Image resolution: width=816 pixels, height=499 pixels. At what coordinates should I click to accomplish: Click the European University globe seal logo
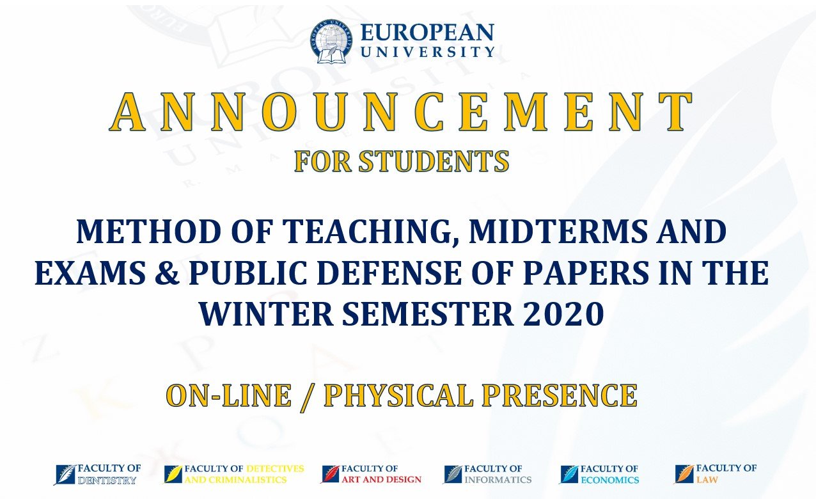click(x=332, y=41)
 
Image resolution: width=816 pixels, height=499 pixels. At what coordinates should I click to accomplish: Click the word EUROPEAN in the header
click(x=427, y=33)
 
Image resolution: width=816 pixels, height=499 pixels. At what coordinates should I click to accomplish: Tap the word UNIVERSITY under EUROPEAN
click(x=428, y=51)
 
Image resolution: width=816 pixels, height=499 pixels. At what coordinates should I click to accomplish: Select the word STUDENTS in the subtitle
click(x=434, y=161)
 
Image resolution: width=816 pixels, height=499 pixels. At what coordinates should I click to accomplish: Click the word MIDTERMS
click(x=558, y=232)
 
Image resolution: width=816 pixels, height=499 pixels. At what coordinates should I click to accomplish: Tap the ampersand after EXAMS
click(x=167, y=273)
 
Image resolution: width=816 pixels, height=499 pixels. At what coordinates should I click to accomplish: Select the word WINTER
click(x=266, y=313)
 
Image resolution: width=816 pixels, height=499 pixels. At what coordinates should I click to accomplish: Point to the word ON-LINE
click(x=229, y=395)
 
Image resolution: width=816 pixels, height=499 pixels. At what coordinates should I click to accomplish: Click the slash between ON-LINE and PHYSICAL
click(x=308, y=397)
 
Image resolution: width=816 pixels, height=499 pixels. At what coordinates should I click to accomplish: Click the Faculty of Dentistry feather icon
click(x=65, y=475)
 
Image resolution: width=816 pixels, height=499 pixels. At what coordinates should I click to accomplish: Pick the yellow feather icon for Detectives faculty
click(x=173, y=475)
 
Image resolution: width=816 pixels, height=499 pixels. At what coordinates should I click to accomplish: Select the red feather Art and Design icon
click(x=330, y=474)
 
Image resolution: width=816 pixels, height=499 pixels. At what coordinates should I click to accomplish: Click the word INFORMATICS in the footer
click(x=498, y=479)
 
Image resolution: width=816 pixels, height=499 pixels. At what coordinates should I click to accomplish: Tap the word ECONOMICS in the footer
click(x=610, y=480)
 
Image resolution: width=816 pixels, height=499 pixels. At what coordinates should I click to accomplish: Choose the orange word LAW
click(x=707, y=479)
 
